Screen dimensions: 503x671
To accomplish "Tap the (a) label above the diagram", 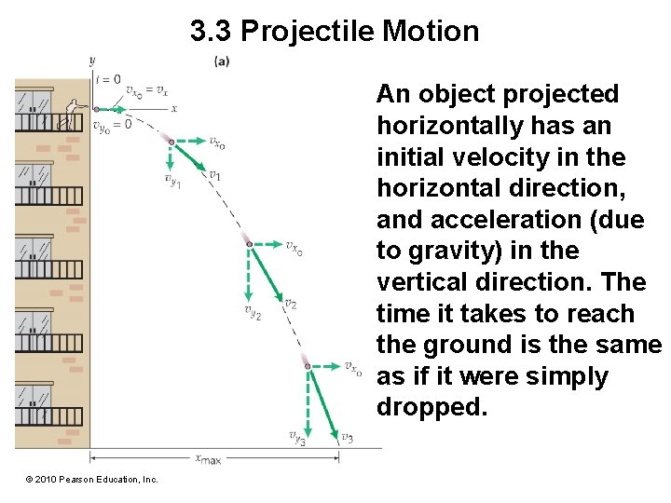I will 222,61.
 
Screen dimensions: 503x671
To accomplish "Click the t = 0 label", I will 108,79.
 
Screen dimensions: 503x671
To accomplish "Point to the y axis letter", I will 92,61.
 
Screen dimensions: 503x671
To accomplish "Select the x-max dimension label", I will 208,458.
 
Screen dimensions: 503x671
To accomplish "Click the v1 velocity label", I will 214,174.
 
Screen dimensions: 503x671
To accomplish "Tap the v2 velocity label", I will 291,304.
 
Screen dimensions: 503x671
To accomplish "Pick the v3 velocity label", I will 347,437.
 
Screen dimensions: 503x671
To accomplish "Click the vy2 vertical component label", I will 253,312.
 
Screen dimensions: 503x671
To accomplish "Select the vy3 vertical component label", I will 297,437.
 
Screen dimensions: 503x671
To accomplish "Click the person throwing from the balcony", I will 69,116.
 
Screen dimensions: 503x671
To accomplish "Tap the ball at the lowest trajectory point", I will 308,366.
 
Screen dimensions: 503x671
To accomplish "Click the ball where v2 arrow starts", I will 249,244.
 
